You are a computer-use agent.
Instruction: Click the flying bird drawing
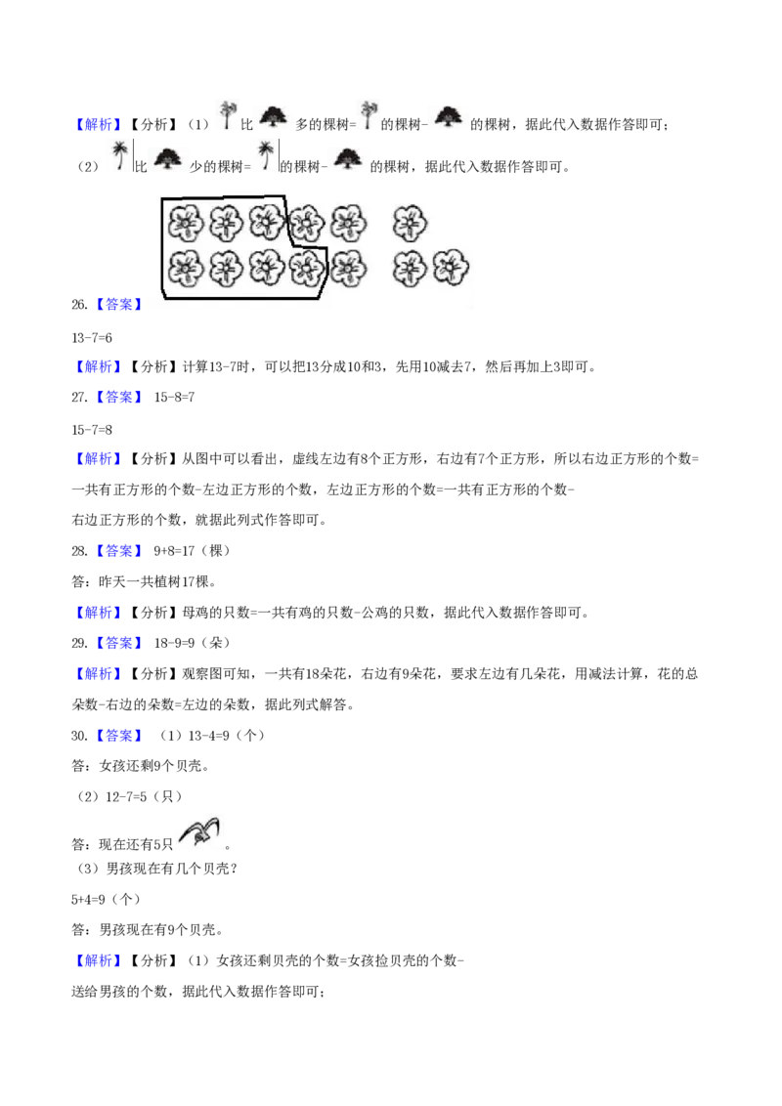click(200, 831)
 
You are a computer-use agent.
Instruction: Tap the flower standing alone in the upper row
click(411, 224)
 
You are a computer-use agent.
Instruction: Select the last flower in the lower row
click(451, 267)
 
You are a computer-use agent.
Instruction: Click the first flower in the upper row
click(185, 224)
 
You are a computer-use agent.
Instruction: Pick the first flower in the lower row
click(185, 267)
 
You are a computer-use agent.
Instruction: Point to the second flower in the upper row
click(226, 224)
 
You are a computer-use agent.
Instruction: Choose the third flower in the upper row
click(266, 223)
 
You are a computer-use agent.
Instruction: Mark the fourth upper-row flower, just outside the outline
click(307, 224)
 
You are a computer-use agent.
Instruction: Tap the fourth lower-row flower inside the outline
click(307, 266)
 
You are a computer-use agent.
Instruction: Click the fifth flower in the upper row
click(347, 223)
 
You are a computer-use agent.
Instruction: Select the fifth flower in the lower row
click(347, 267)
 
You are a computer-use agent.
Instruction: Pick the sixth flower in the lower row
click(411, 267)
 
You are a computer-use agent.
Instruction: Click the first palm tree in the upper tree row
click(227, 113)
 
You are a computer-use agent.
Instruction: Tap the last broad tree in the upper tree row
click(450, 116)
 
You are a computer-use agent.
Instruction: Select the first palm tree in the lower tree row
click(117, 152)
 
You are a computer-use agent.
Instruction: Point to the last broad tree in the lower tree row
click(347, 155)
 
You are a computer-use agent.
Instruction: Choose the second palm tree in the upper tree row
click(368, 113)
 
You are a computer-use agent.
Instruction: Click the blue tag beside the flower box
click(117, 305)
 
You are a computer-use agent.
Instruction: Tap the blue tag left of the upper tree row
click(98, 124)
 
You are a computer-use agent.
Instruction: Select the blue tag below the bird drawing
click(98, 961)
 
